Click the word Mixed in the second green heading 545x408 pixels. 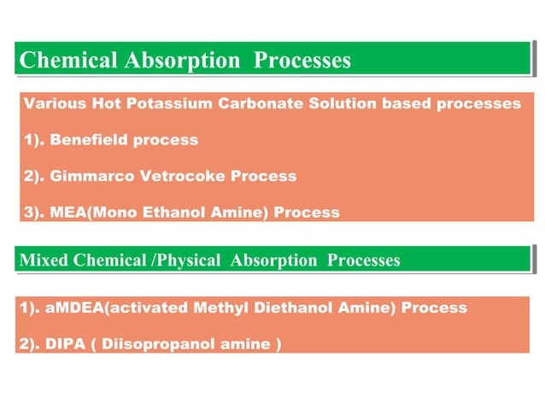43,260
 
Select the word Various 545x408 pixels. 53,104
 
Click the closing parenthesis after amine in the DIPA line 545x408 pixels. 278,345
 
